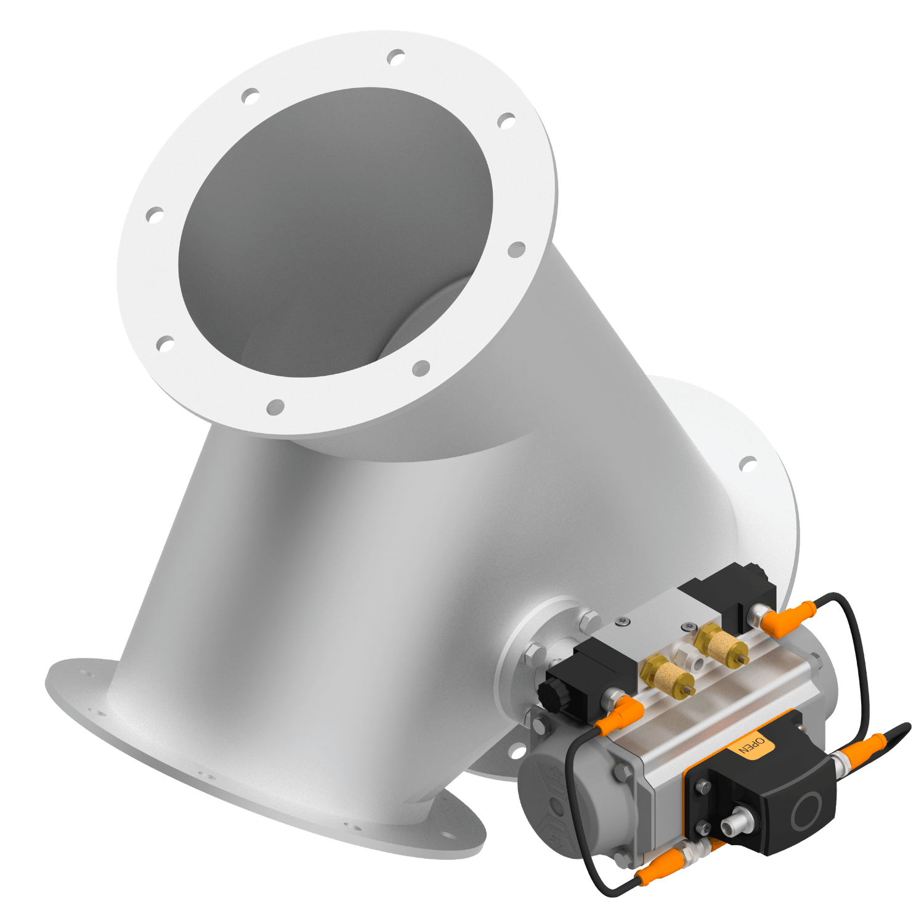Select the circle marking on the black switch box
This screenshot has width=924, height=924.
click(808, 810)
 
